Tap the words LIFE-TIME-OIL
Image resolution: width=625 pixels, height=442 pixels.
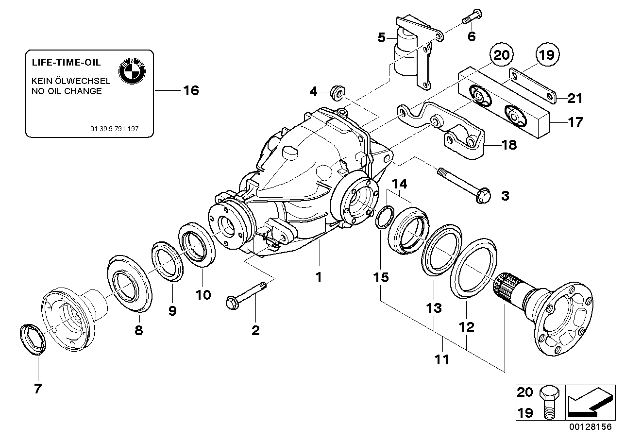[66, 63]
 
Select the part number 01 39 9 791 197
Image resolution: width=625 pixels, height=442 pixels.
[115, 129]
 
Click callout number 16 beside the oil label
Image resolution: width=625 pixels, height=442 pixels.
[191, 90]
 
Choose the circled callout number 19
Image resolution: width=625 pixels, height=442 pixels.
[547, 54]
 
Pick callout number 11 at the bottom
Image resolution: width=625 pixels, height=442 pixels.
[442, 360]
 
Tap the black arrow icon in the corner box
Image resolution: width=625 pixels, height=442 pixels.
[589, 403]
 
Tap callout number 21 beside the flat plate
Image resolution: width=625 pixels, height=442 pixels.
[574, 99]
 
